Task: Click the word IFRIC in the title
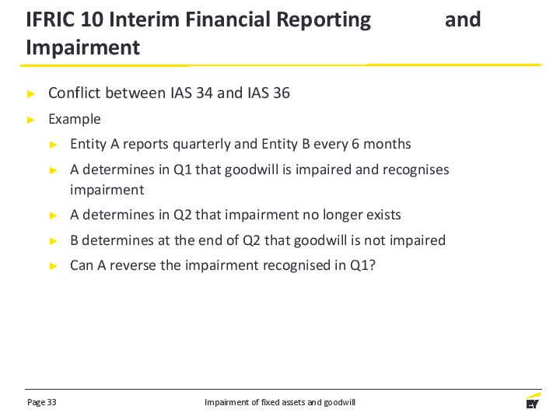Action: point(51,19)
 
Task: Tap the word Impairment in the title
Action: point(83,48)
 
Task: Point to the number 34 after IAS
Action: point(205,93)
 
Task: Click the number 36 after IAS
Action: point(282,93)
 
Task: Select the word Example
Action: point(75,119)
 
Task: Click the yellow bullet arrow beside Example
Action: point(31,120)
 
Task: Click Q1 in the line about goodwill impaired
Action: point(183,170)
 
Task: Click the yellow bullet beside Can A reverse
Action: point(53,266)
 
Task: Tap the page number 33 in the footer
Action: point(52,402)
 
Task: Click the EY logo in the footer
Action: point(533,401)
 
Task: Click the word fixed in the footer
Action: point(268,402)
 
